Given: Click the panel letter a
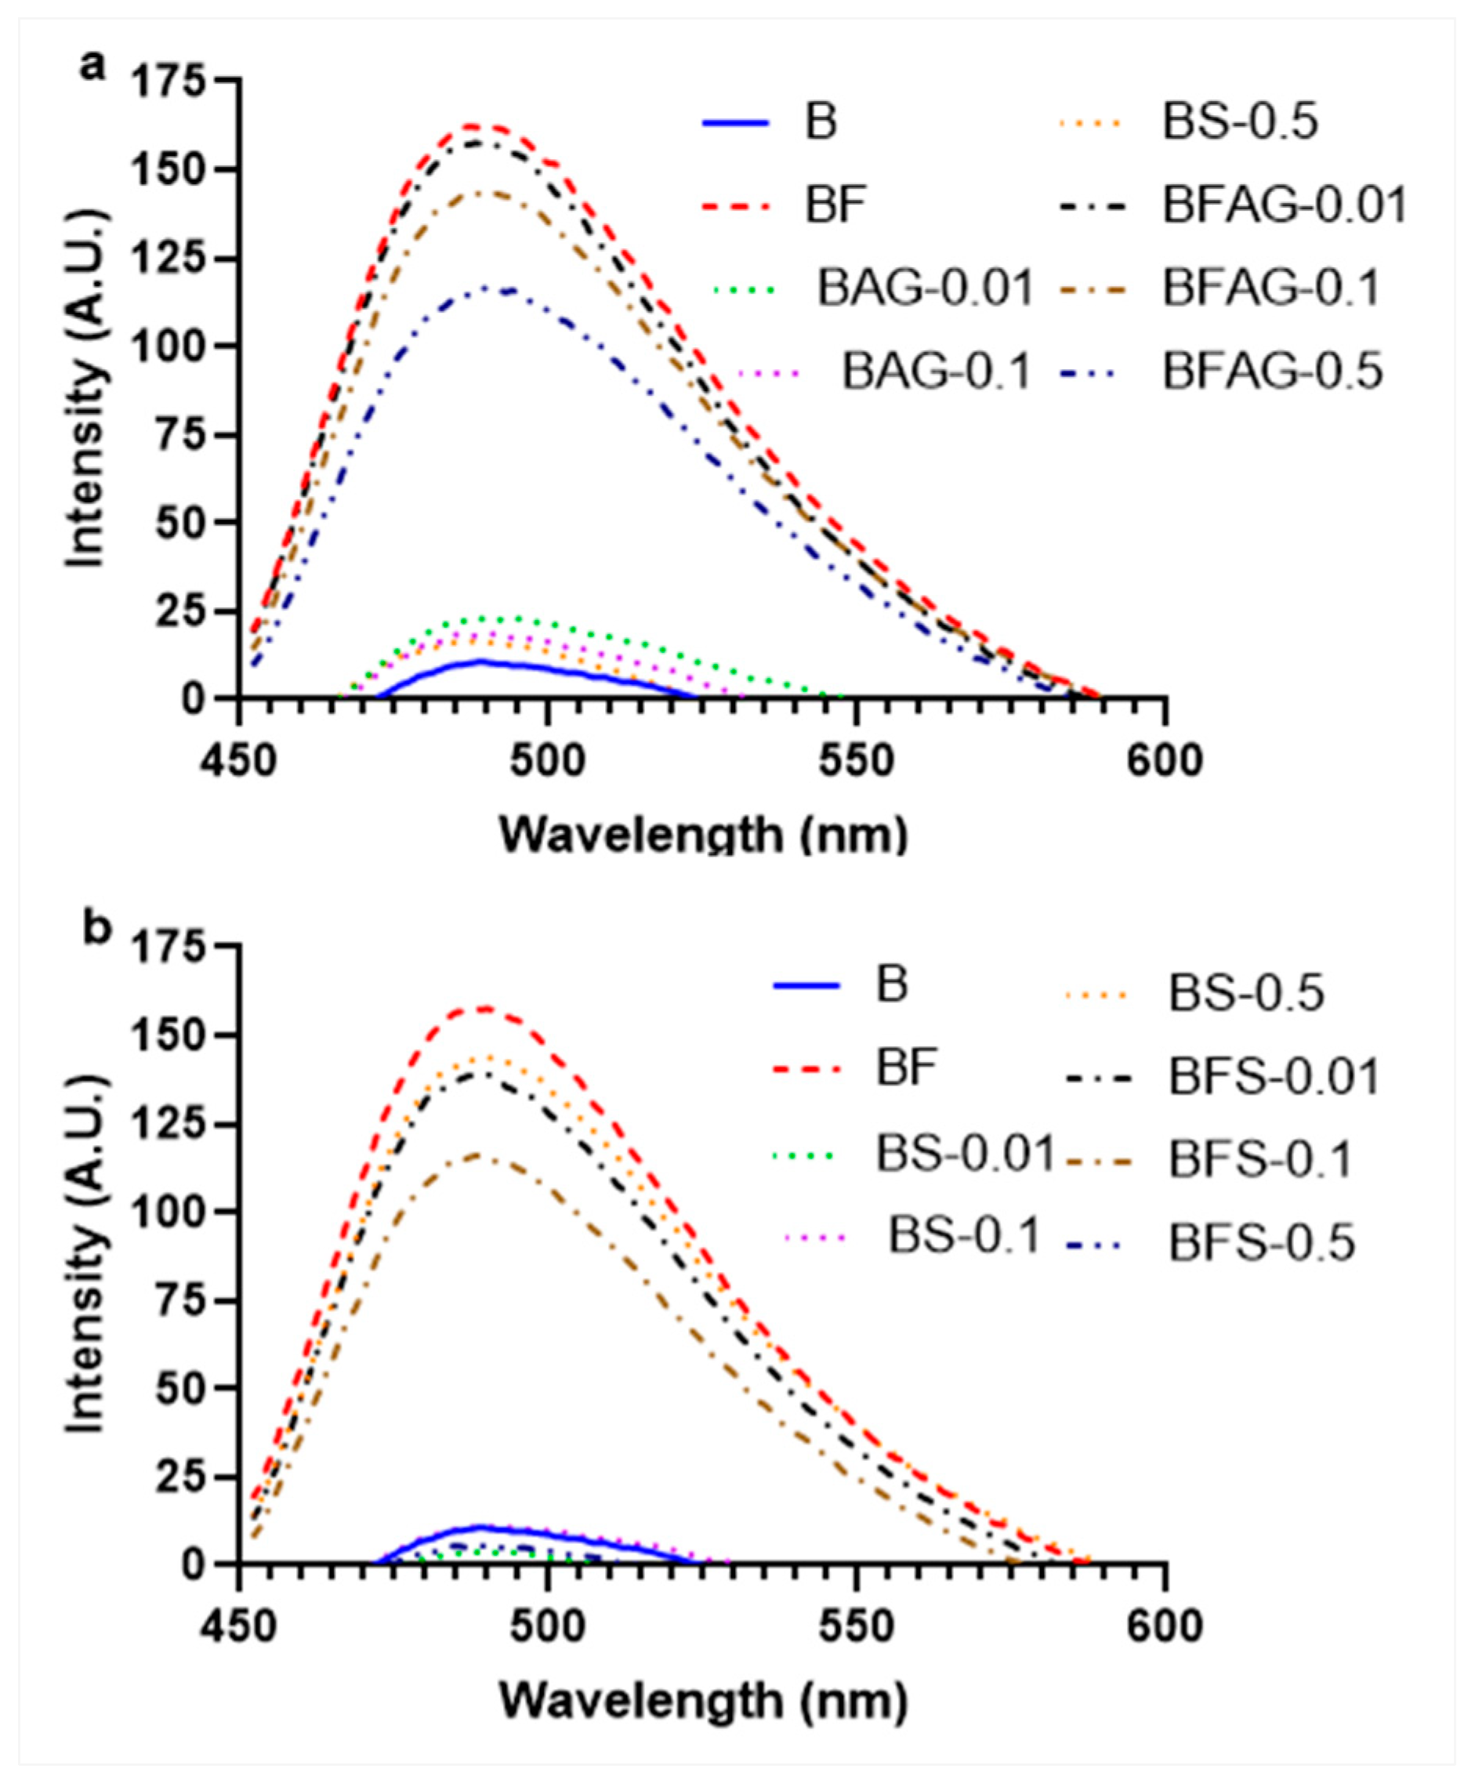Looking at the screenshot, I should pyautogui.click(x=92, y=65).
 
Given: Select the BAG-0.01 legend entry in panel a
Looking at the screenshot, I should pyautogui.click(x=925, y=288).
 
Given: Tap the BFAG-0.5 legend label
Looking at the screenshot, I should pyautogui.click(x=1272, y=371).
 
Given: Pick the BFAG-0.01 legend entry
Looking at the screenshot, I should pyautogui.click(x=1285, y=205).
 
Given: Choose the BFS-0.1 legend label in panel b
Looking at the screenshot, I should pyautogui.click(x=1259, y=1160).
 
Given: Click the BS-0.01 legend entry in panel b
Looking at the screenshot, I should pyautogui.click(x=965, y=1154).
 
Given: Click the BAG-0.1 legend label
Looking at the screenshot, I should pyautogui.click(x=936, y=371).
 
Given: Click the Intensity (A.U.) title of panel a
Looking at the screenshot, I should pyautogui.click(x=87, y=389).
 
